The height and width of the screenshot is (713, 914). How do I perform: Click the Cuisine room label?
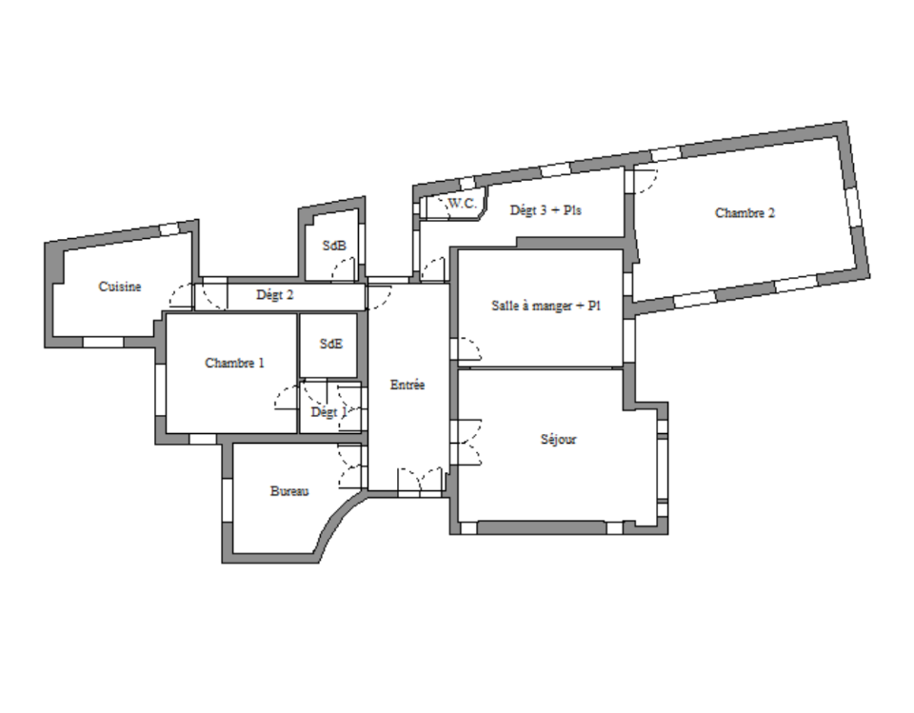120,287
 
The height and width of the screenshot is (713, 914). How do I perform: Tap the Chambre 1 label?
234,363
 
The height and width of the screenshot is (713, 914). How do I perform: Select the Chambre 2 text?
745,213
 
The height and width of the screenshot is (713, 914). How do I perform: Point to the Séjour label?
558,439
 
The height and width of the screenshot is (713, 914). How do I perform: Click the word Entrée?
407,385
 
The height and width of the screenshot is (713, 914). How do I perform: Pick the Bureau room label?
289,491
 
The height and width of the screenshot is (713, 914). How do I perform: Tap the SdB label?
334,246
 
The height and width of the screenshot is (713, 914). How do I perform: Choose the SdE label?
331,344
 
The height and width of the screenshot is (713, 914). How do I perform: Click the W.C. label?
463,204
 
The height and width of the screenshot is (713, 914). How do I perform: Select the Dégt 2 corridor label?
274,295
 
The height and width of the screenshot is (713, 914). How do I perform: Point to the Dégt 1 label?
328,412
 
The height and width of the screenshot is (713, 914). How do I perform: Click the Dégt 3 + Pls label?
546,209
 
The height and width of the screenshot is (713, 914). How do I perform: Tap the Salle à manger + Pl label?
546,306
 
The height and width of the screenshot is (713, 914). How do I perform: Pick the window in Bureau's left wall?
228,501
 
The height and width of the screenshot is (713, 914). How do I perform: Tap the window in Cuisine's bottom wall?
103,342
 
